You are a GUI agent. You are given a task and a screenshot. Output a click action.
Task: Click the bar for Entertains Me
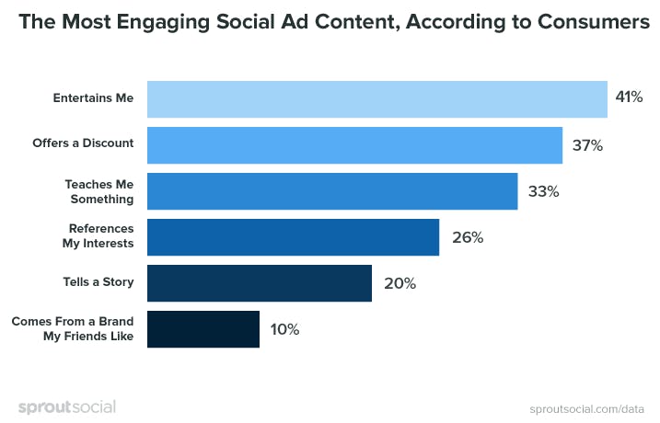pyautogui.click(x=377, y=99)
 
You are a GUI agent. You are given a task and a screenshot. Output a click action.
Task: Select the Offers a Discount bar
pyautogui.click(x=354, y=145)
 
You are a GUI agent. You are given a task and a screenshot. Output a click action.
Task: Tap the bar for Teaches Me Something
pyautogui.click(x=332, y=191)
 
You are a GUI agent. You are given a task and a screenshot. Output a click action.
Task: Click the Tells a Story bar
pyautogui.click(x=259, y=283)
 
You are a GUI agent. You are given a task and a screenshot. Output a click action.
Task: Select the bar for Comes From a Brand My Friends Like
pyautogui.click(x=203, y=329)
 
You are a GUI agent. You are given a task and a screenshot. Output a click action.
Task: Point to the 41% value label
pyautogui.click(x=629, y=97)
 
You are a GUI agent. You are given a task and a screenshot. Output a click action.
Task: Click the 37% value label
pyautogui.click(x=586, y=145)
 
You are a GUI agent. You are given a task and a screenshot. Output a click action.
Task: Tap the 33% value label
pyautogui.click(x=543, y=191)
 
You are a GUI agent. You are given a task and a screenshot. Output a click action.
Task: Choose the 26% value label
pyautogui.click(x=467, y=237)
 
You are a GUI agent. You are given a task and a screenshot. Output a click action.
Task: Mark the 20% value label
pyautogui.click(x=399, y=283)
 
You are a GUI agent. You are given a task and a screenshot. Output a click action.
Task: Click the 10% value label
pyautogui.click(x=284, y=329)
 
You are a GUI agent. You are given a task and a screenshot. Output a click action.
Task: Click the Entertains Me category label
pyautogui.click(x=95, y=97)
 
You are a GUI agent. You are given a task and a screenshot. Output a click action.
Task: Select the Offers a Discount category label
pyautogui.click(x=83, y=143)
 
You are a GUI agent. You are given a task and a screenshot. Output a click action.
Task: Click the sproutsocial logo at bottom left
pyautogui.click(x=66, y=406)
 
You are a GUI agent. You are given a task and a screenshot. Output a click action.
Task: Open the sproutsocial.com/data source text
pyautogui.click(x=586, y=407)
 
